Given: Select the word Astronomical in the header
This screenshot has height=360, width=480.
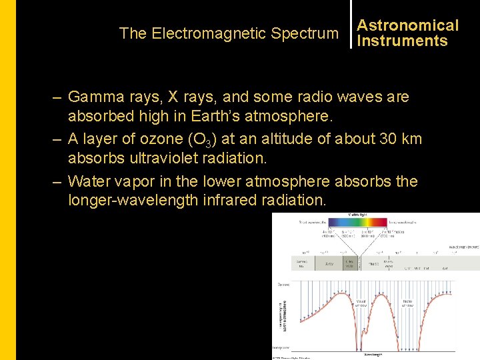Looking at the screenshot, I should (408, 25).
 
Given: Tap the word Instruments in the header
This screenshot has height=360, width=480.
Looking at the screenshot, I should (403, 41).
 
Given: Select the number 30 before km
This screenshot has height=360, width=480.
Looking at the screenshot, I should (389, 139).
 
